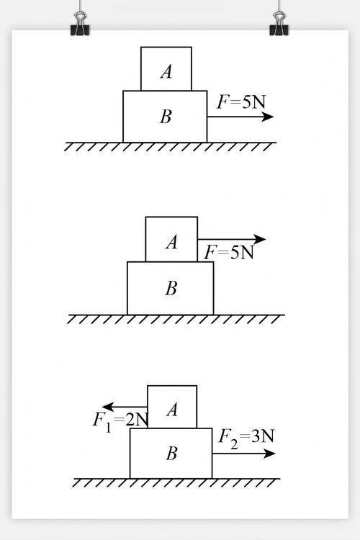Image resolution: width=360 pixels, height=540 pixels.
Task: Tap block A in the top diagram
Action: (x=166, y=69)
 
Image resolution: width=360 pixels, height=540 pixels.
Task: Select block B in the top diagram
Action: (x=165, y=117)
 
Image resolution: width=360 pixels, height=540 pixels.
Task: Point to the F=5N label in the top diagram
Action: (x=241, y=102)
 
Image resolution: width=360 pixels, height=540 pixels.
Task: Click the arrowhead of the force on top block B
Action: (x=267, y=117)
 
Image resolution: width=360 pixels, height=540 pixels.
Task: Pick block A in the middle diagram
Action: (x=171, y=239)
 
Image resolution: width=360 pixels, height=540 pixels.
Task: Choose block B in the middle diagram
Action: (x=170, y=288)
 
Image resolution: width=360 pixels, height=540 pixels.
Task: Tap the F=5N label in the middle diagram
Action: (x=229, y=253)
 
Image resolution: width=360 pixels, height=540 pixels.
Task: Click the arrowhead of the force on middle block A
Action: (x=260, y=239)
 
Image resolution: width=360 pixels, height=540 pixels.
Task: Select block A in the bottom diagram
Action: (x=172, y=407)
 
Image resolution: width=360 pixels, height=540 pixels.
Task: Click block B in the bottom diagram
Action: (x=171, y=453)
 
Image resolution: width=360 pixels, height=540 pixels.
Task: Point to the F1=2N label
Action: (x=120, y=422)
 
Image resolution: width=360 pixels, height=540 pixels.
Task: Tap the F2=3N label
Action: (x=246, y=438)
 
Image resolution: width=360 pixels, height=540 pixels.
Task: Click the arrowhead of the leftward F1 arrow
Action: (x=108, y=407)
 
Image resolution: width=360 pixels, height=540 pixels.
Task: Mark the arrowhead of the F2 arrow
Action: (x=269, y=454)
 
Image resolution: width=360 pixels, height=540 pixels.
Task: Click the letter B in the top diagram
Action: (x=166, y=117)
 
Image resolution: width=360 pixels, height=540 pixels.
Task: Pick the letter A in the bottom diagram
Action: (x=172, y=410)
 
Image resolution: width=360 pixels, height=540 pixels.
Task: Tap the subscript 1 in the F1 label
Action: (x=108, y=428)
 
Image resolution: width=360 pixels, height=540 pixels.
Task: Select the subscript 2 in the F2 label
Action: (x=234, y=444)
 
